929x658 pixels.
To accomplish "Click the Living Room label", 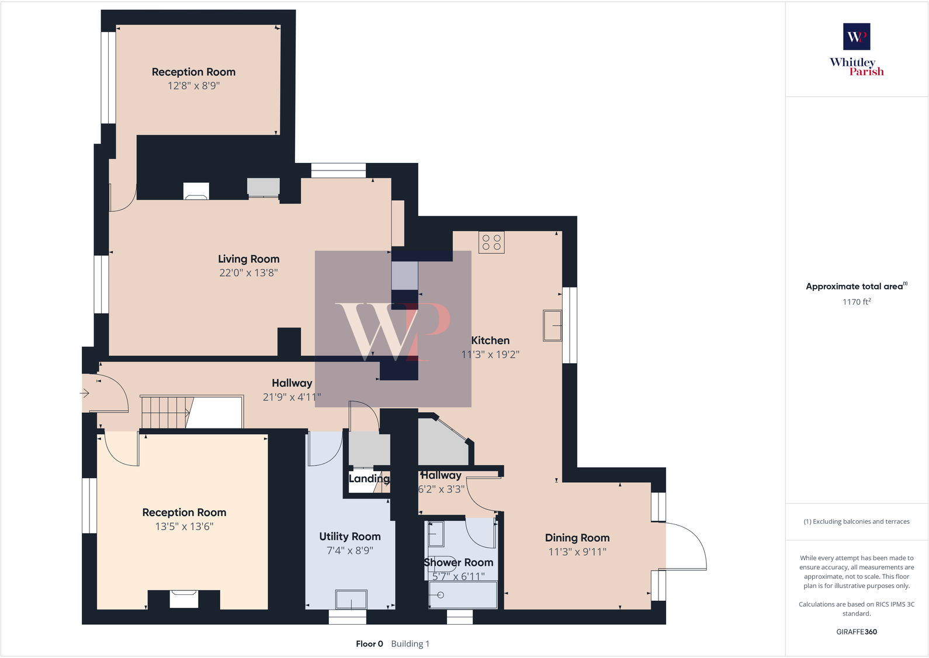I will pyautogui.click(x=248, y=259).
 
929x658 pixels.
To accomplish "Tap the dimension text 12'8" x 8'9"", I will pyautogui.click(x=193, y=86).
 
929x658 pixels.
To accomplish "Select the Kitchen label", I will pyautogui.click(x=490, y=340).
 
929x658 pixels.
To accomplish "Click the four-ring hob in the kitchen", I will pyautogui.click(x=491, y=242).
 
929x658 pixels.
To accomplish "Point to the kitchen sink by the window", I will pyautogui.click(x=552, y=325).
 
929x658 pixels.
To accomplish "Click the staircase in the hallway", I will pyautogui.click(x=165, y=412).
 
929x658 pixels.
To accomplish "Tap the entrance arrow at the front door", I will pyautogui.click(x=85, y=393).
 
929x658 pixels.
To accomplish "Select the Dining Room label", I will pyautogui.click(x=577, y=538).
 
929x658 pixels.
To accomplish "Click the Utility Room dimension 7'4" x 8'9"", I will pyautogui.click(x=349, y=551).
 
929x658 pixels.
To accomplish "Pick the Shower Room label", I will pyautogui.click(x=458, y=562).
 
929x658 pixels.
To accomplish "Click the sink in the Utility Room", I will pyautogui.click(x=351, y=599).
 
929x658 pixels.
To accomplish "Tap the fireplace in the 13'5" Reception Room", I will pyautogui.click(x=183, y=599).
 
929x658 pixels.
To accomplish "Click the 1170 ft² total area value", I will pyautogui.click(x=856, y=302).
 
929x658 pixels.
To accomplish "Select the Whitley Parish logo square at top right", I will pyautogui.click(x=856, y=37).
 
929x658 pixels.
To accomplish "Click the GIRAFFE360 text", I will pyautogui.click(x=856, y=632).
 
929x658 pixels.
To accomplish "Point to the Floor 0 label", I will pyautogui.click(x=369, y=644).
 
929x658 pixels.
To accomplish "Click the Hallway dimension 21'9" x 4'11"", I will pyautogui.click(x=292, y=397).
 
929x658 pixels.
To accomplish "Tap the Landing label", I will pyautogui.click(x=369, y=479).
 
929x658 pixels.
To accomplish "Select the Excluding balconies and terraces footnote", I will pyautogui.click(x=856, y=521).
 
